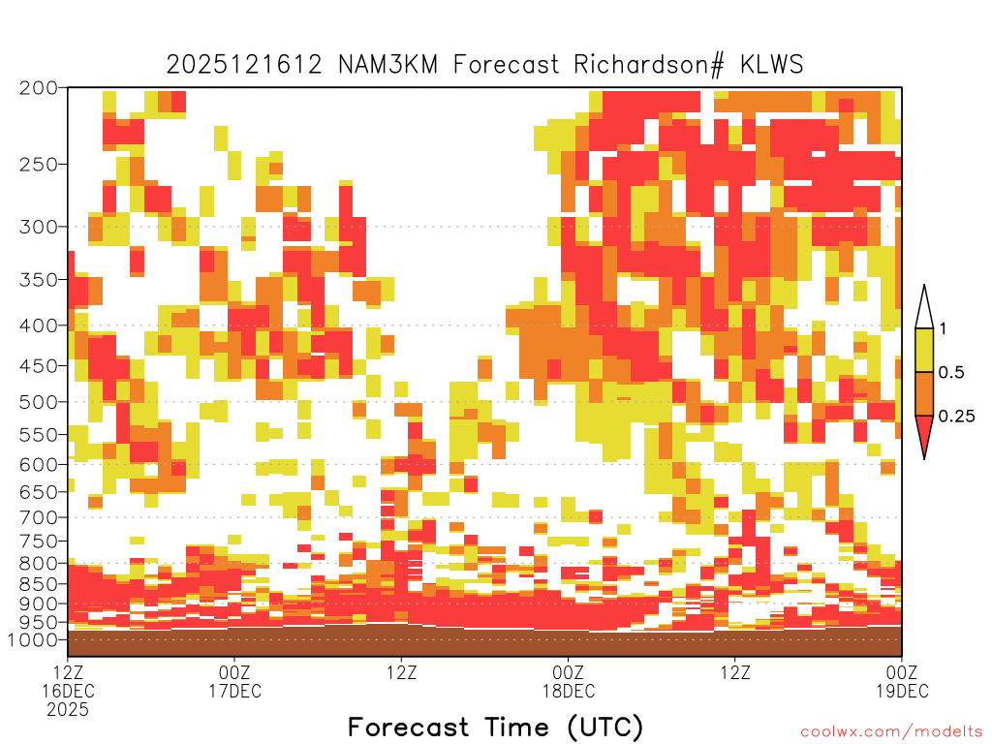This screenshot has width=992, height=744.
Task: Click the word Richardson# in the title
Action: (648, 66)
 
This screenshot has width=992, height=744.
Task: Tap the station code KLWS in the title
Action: (772, 65)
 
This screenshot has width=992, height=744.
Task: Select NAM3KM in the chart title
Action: (387, 65)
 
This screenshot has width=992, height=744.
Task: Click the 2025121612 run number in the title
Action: (244, 65)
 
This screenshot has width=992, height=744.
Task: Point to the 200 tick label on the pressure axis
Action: (38, 88)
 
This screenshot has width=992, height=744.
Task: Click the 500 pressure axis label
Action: (38, 402)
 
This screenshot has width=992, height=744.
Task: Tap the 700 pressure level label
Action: (38, 517)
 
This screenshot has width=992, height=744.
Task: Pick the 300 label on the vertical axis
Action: (38, 227)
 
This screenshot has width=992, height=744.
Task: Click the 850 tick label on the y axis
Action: (38, 584)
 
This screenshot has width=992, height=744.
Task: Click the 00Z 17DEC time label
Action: (234, 681)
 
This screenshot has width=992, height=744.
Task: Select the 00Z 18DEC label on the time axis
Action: (568, 681)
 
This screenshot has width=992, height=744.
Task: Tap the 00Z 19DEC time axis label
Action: (902, 681)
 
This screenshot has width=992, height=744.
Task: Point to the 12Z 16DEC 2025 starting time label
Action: (68, 691)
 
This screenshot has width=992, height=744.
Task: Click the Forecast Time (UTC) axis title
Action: (495, 728)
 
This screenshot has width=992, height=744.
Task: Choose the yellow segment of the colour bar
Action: (924, 350)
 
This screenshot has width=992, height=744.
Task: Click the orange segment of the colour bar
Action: (924, 393)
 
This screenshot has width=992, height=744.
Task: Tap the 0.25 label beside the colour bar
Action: (956, 417)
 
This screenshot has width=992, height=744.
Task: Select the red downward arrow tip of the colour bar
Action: (924, 458)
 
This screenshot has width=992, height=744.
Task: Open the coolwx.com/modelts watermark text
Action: (892, 732)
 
